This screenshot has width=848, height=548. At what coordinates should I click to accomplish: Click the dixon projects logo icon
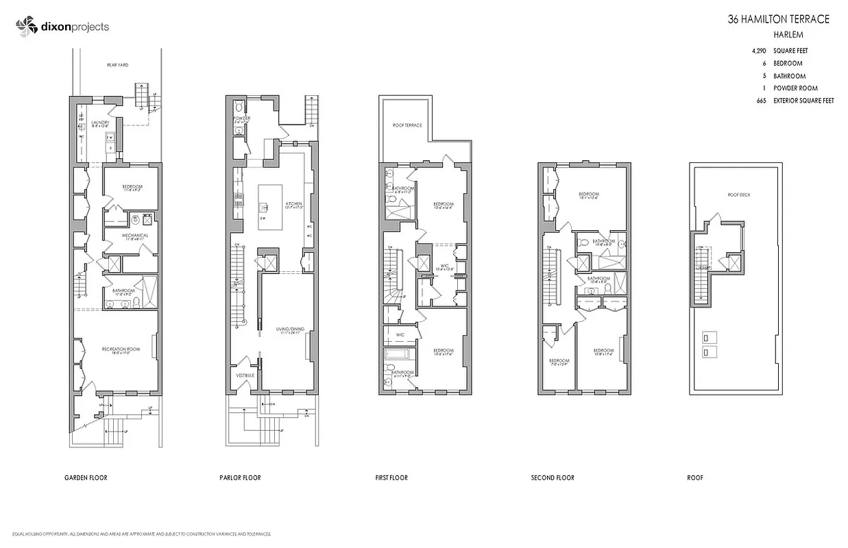(25, 27)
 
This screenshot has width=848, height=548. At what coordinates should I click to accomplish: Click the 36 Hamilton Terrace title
(778, 20)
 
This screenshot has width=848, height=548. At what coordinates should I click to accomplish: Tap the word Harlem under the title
(788, 34)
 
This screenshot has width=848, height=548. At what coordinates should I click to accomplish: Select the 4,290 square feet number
(760, 51)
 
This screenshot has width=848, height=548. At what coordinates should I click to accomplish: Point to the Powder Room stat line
(795, 88)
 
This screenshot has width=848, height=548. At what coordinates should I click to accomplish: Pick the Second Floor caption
(553, 477)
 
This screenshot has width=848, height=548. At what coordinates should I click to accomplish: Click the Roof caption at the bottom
(695, 477)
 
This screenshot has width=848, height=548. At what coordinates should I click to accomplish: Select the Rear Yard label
(118, 65)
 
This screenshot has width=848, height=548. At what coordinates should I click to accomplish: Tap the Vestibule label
(245, 375)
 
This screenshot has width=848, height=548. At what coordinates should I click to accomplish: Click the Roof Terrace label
(407, 125)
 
